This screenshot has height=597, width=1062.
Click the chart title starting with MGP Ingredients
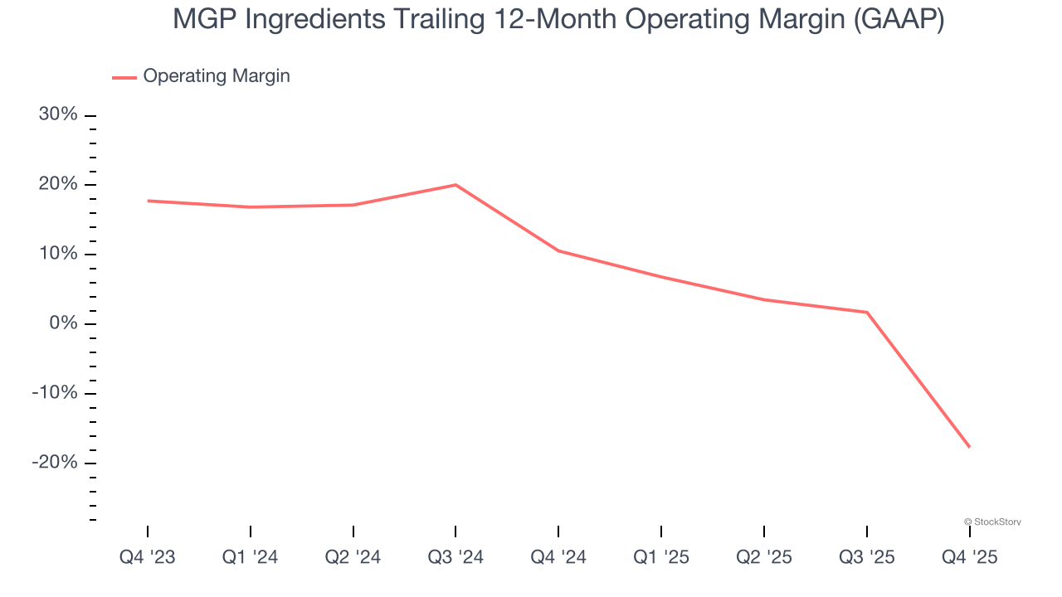click(x=558, y=20)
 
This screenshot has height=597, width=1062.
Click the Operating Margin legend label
click(x=217, y=76)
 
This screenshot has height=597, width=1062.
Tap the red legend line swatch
click(x=124, y=77)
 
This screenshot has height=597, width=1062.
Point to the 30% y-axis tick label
click(x=58, y=114)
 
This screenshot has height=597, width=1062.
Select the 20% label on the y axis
click(x=58, y=184)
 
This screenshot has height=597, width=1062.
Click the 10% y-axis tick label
click(x=58, y=254)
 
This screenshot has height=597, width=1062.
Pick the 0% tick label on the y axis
click(x=63, y=323)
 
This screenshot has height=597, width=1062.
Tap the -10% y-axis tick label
click(x=55, y=393)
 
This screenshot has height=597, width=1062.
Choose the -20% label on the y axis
click(x=55, y=463)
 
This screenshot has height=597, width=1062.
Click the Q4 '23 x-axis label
click(x=148, y=558)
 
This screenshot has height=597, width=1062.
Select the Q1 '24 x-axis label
click(x=250, y=558)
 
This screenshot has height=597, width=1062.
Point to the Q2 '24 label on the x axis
click(x=353, y=558)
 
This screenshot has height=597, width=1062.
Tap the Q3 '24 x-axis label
click(x=455, y=558)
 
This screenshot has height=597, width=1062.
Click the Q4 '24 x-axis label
click(x=558, y=558)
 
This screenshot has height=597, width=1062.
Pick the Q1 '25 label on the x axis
click(x=661, y=558)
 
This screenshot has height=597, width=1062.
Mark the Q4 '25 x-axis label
click(x=969, y=558)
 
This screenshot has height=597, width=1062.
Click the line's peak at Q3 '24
click(x=455, y=185)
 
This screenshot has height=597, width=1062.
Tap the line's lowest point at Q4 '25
click(x=968, y=447)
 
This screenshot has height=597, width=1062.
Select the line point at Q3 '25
click(x=867, y=313)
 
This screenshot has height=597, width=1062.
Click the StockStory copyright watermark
click(x=992, y=522)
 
